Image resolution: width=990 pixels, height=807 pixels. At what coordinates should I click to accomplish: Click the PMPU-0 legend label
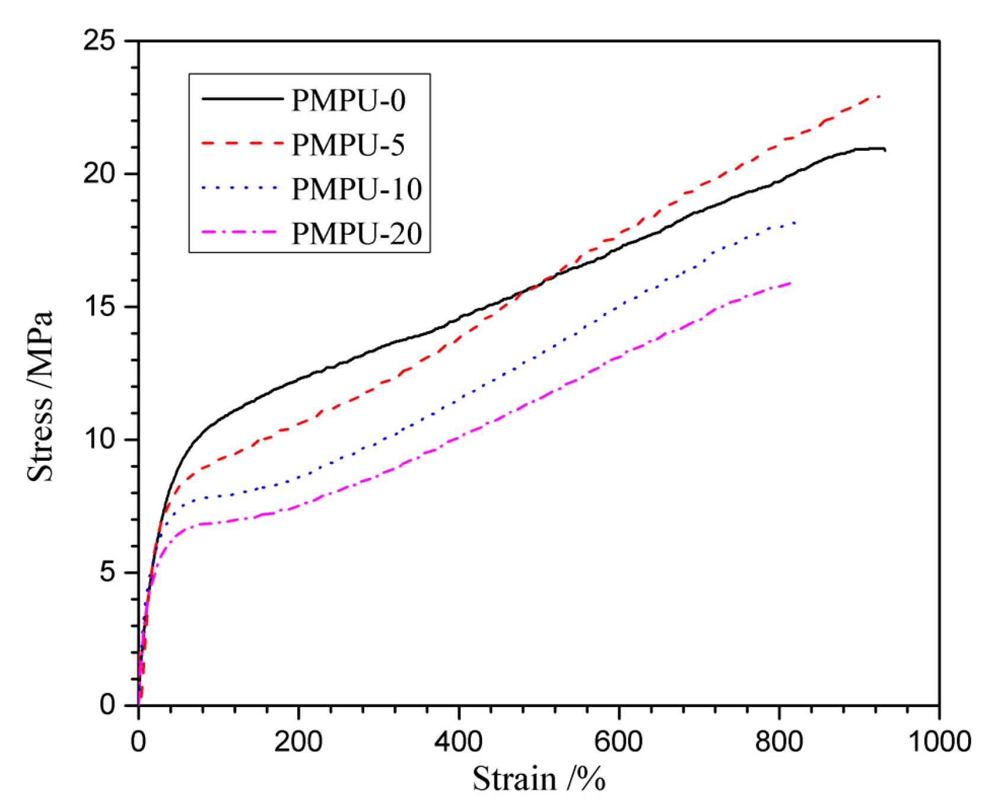pyautogui.click(x=348, y=101)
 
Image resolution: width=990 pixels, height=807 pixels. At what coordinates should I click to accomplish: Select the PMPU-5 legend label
pyautogui.click(x=348, y=145)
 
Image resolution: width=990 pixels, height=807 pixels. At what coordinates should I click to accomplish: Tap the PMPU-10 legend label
pyautogui.click(x=356, y=189)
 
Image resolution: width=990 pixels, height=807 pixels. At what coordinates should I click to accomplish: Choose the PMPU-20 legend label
pyautogui.click(x=356, y=234)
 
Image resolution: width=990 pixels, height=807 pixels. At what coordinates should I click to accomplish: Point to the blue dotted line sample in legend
pyautogui.click(x=240, y=188)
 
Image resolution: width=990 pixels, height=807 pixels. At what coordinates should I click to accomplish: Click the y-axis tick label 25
pyautogui.click(x=100, y=41)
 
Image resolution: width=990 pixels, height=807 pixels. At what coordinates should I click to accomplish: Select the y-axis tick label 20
pyautogui.click(x=100, y=174)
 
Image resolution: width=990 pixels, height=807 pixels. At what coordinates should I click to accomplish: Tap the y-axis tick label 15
pyautogui.click(x=100, y=307)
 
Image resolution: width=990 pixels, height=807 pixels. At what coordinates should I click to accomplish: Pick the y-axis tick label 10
pyautogui.click(x=100, y=440)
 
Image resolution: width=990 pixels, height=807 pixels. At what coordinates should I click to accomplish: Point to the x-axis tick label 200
pyautogui.click(x=298, y=741)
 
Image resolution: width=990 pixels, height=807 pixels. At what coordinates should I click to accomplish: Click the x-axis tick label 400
pyautogui.click(x=458, y=741)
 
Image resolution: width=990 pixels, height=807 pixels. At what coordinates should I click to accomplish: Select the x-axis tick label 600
pyautogui.click(x=619, y=741)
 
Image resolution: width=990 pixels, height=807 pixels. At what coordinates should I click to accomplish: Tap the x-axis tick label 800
pyautogui.click(x=779, y=741)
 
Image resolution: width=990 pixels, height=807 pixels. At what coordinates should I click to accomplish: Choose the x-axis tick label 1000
pyautogui.click(x=939, y=741)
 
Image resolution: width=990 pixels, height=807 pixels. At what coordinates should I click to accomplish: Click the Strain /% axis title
pyautogui.click(x=538, y=779)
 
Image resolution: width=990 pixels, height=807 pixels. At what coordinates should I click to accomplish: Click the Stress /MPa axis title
pyautogui.click(x=40, y=396)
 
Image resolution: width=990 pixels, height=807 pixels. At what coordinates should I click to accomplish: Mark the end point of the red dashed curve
pyautogui.click(x=880, y=95)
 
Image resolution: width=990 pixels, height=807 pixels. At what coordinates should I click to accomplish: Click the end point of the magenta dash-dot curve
pyautogui.click(x=791, y=283)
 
